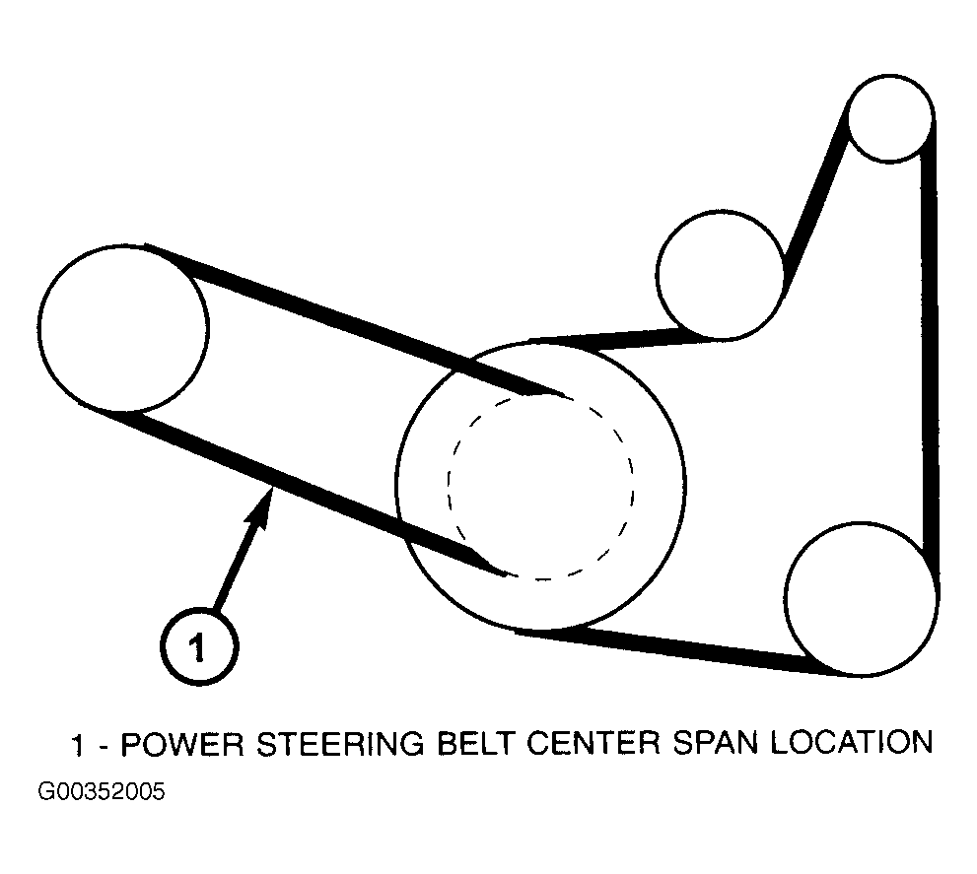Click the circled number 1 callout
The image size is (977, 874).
point(198,647)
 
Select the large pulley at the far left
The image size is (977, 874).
point(124,327)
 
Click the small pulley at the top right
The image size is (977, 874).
point(889,119)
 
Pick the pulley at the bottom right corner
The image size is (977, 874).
point(862,598)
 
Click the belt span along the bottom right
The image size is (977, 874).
point(680,650)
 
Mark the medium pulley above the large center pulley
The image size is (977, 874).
point(722,275)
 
